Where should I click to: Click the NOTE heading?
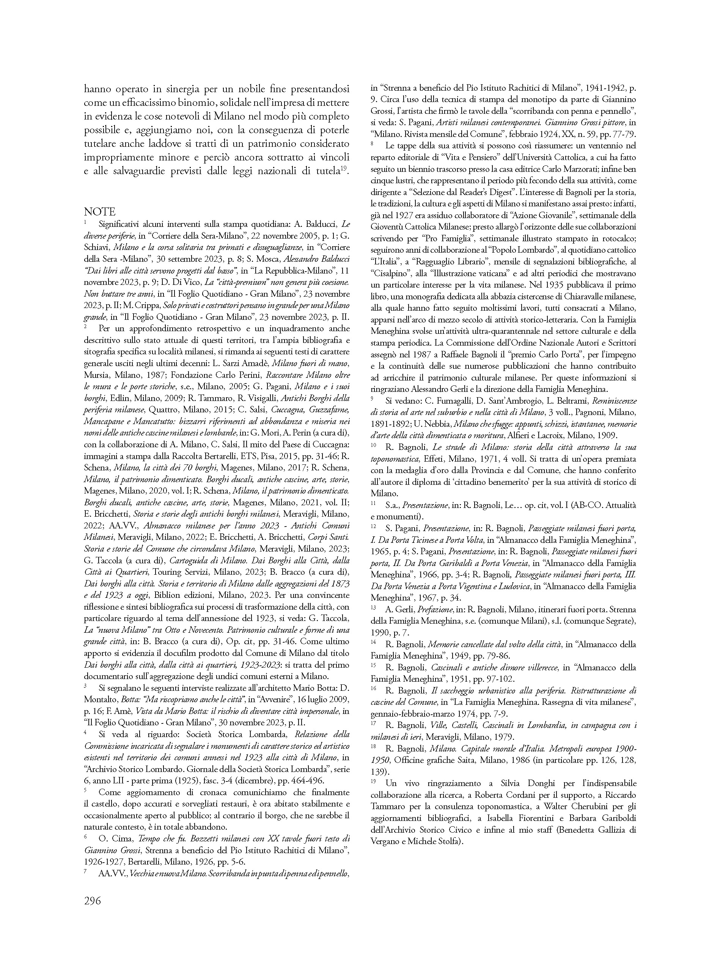(x=100, y=212)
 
